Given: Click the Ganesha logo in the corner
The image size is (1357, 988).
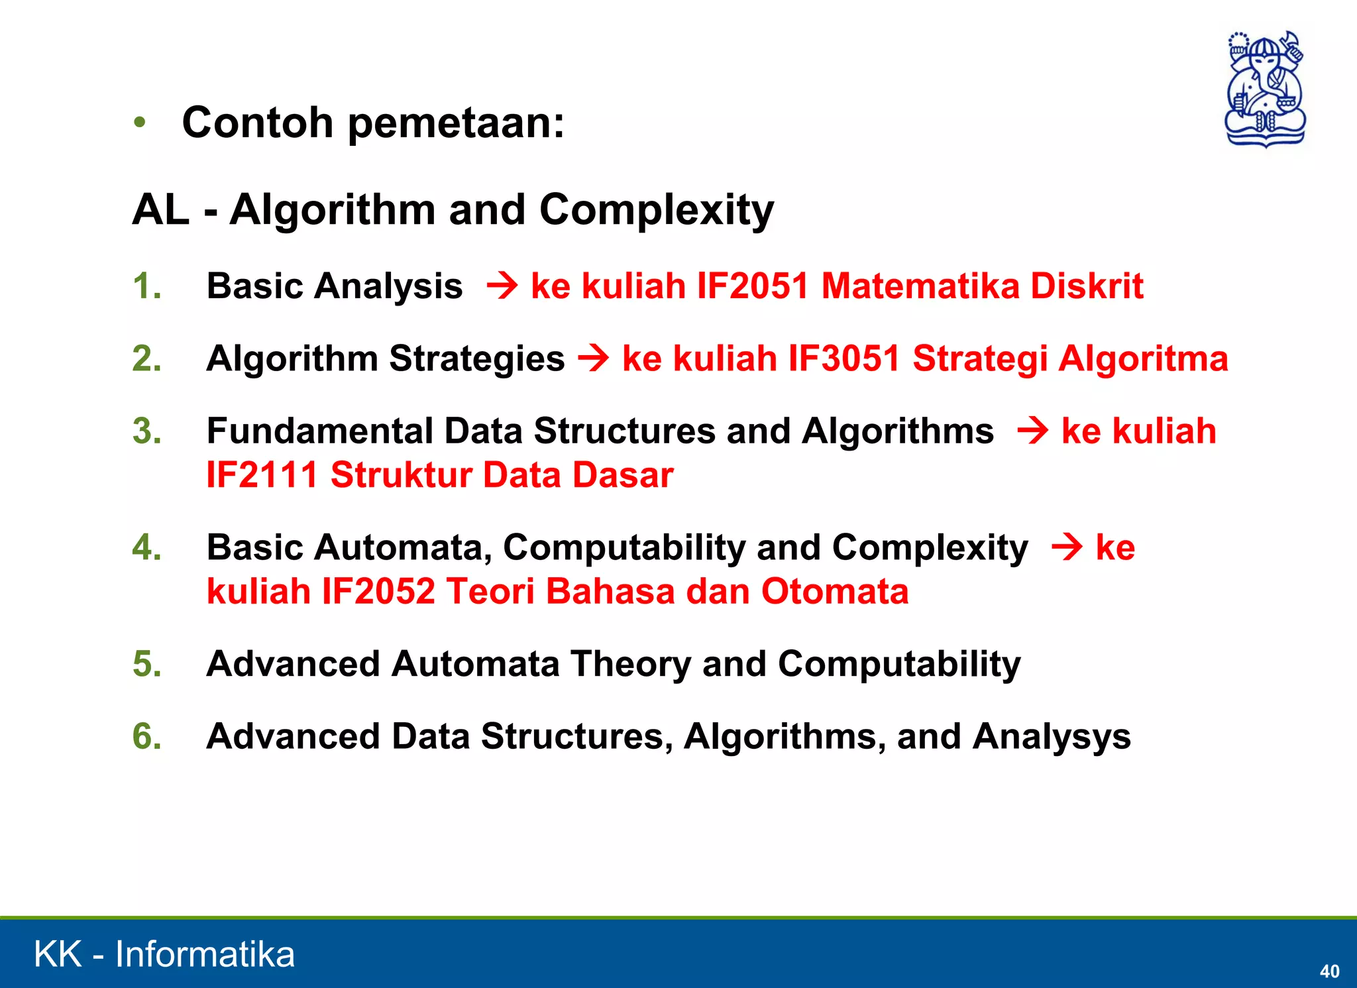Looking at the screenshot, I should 1265,89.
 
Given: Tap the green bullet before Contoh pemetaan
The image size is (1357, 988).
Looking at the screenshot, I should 139,123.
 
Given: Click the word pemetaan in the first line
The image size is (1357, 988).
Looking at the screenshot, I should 456,124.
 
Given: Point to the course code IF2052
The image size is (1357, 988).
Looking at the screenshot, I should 378,591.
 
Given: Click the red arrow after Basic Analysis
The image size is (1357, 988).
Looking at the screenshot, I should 502,287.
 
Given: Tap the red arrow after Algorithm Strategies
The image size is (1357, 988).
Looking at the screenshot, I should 594,359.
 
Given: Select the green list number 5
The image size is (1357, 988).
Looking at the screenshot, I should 147,664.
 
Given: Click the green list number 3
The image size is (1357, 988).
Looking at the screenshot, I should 147,431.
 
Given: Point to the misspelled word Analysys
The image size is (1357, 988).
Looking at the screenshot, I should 1052,737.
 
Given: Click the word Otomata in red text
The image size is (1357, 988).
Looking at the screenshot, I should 834,591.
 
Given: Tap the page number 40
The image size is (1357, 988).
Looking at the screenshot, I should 1329,971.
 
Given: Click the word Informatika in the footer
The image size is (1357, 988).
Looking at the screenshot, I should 205,954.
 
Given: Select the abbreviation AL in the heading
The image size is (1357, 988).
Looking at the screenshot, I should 160,210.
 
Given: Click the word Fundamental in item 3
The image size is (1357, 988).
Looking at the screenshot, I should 319,431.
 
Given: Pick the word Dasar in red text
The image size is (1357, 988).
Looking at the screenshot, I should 623,475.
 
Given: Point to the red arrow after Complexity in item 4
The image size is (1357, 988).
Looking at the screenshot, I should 1067,548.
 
